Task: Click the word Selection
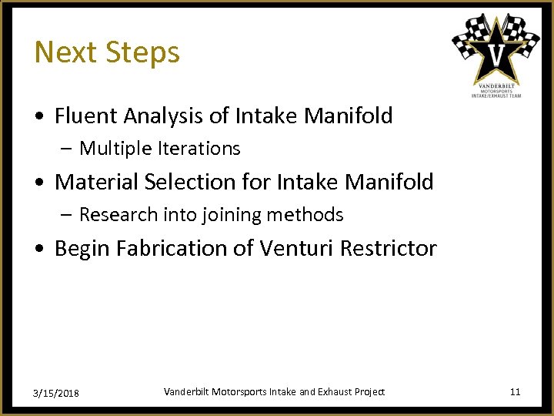click(x=182, y=183)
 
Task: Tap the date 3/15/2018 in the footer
click(x=56, y=393)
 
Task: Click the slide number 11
click(x=515, y=392)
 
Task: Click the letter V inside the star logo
click(x=496, y=54)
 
